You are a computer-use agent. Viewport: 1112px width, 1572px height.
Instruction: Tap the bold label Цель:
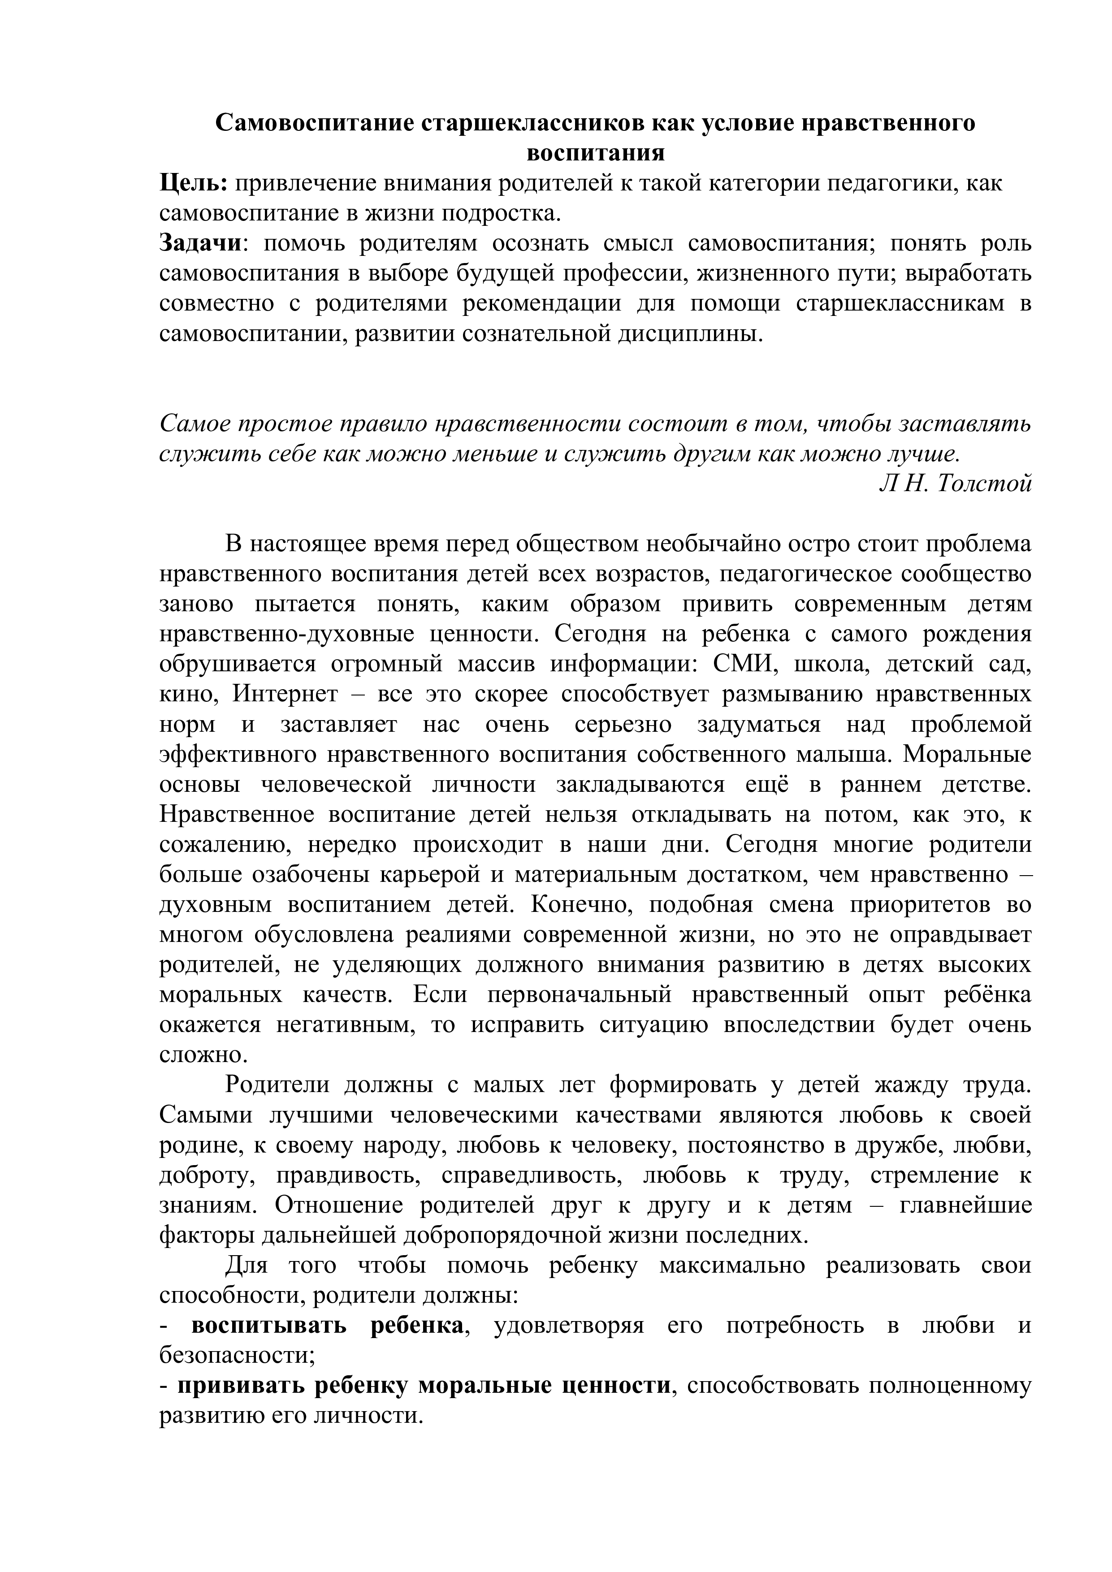194,183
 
